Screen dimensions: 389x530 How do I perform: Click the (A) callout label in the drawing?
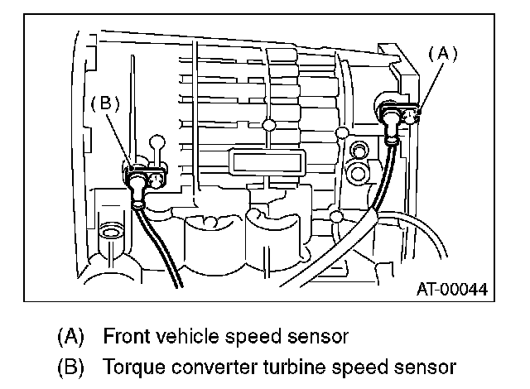coord(441,53)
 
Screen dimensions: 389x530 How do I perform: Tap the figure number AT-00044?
coord(451,290)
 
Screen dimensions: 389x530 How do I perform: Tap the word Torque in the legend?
coord(128,365)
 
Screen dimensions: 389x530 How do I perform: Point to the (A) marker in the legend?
coord(72,337)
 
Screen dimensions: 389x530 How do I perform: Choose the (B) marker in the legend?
coord(72,365)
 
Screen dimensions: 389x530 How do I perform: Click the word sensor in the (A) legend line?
coord(311,337)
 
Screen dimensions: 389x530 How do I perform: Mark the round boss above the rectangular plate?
coord(267,125)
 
